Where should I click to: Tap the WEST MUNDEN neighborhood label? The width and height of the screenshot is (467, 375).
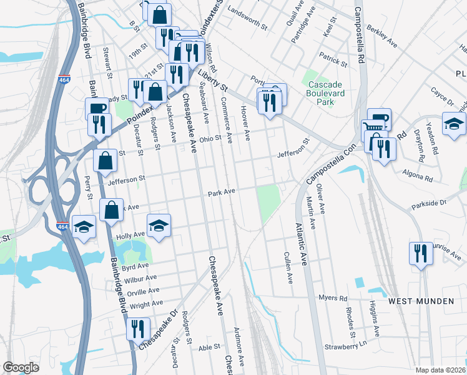point(421,301)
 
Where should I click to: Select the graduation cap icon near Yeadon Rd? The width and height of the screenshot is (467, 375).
point(454,124)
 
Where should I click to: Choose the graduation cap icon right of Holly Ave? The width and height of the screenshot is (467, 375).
point(159,225)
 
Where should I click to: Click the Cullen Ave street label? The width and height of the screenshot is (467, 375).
point(288,267)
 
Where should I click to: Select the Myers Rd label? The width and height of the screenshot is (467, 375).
point(332,297)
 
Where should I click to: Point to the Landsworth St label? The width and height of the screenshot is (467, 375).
point(248,11)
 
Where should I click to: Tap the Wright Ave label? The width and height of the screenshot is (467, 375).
point(146,305)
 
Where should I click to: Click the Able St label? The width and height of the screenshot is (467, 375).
point(209,347)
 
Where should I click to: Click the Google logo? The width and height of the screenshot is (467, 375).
point(21,367)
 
